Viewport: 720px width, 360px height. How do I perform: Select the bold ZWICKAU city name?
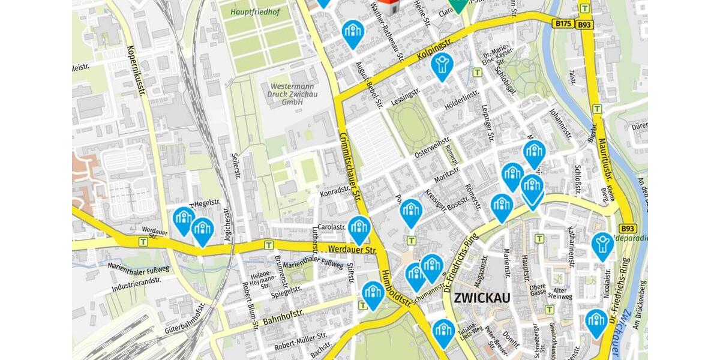pos(482,298)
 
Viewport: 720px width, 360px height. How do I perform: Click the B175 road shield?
pos(563,23)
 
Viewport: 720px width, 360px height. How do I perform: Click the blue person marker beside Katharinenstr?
pos(602,245)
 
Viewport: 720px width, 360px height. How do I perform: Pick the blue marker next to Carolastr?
pos(359,229)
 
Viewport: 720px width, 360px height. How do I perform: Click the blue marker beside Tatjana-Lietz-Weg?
pos(443,331)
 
